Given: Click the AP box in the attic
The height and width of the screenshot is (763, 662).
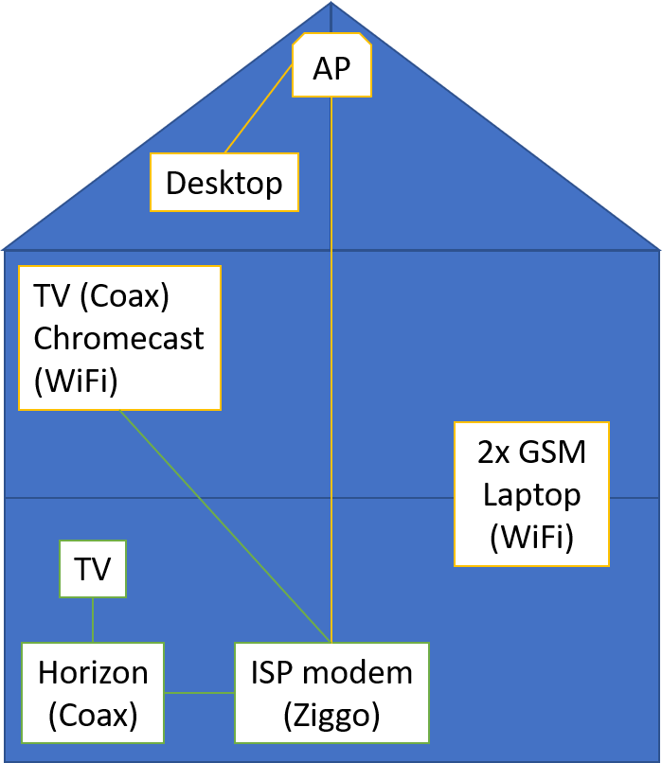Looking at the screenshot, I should click(x=331, y=66).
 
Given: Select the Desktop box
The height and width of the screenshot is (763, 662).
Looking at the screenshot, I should click(x=224, y=183).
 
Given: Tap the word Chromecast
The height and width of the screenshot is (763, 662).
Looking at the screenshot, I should click(x=119, y=338).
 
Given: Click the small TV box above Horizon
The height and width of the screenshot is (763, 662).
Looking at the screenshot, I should click(x=93, y=569).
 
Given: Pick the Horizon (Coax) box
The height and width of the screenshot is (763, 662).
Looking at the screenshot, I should click(x=93, y=693).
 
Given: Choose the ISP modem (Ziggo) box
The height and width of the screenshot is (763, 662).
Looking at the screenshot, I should click(x=331, y=693).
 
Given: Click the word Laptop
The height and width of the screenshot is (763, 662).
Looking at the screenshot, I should click(x=531, y=494).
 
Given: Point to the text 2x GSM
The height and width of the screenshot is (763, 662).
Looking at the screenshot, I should click(x=531, y=452).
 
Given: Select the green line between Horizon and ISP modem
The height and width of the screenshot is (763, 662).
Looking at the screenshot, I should click(x=199, y=693).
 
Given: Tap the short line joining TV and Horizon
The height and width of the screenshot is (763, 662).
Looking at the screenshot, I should click(x=93, y=620).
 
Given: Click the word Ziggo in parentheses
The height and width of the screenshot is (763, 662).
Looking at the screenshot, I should click(x=331, y=716).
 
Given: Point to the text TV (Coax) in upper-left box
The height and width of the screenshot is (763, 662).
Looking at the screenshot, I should click(x=101, y=296).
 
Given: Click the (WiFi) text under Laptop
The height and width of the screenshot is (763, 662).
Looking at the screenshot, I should click(x=531, y=537).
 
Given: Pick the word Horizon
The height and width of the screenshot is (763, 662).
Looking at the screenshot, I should click(x=93, y=673).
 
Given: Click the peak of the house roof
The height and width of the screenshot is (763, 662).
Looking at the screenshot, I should click(x=331, y=5).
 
